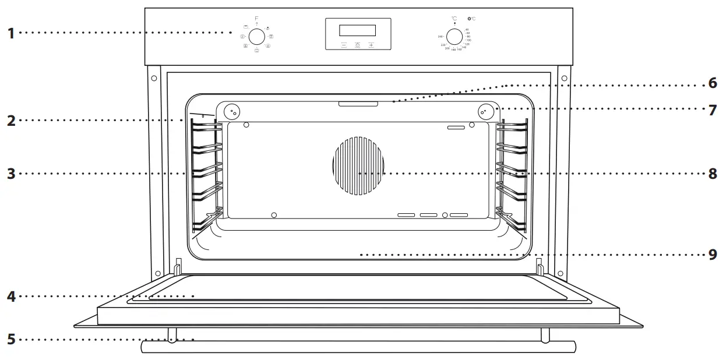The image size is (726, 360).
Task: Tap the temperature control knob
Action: pos(454,36)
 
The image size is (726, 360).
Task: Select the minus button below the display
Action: pos(344,44)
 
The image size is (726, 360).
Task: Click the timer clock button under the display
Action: pos(357,44)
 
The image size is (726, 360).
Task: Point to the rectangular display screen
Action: pos(357,30)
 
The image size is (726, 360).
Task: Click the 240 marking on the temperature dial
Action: pos(440,36)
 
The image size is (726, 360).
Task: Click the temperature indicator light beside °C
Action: pos(470,19)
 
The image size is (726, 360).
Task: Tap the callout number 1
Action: pos(10,33)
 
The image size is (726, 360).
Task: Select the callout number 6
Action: pos(713,83)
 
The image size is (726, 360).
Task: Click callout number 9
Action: pos(713,255)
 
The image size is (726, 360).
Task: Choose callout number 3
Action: pos(10,174)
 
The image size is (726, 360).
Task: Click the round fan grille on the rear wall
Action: pos(359,165)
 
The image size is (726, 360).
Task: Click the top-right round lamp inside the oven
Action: pos(485,110)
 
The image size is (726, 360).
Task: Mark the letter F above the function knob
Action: pos(257,19)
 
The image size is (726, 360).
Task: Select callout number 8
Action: pos(713,174)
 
